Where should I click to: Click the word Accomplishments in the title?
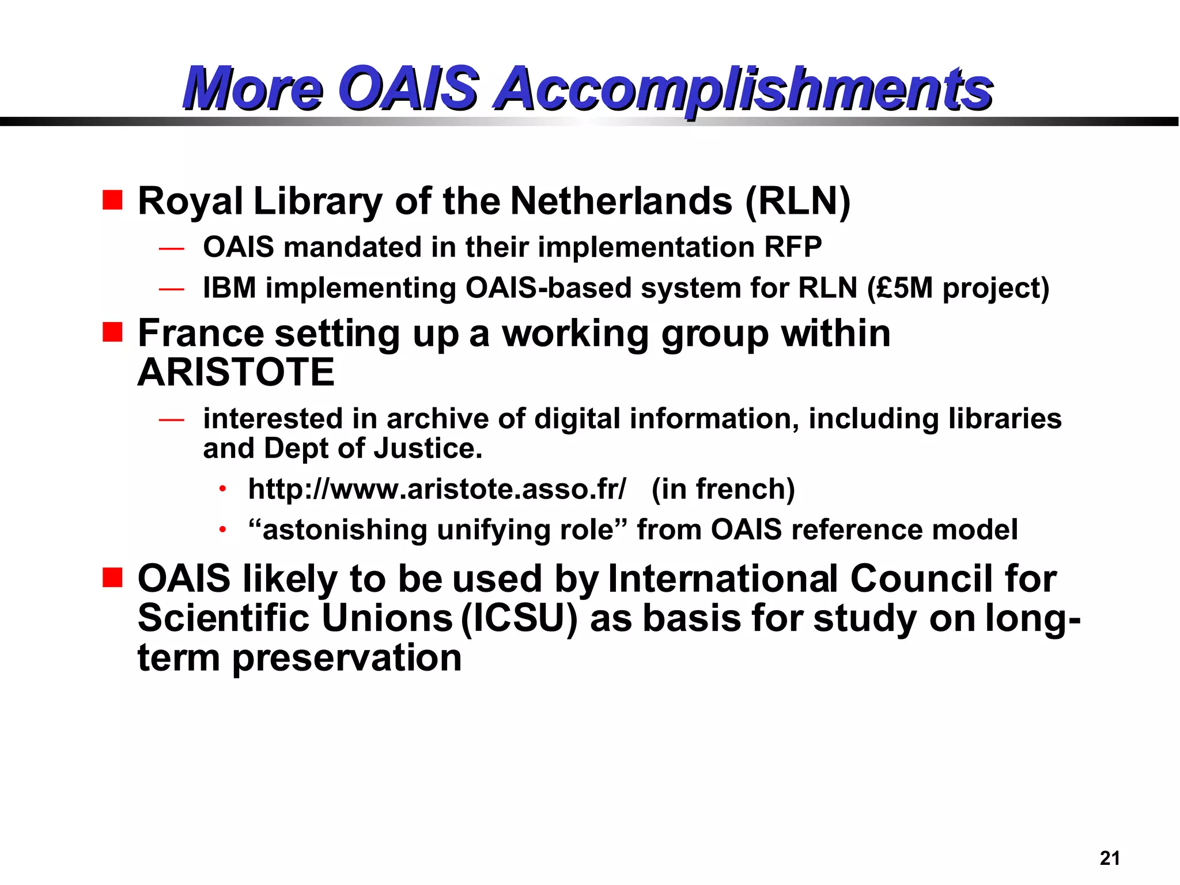pyautogui.click(x=743, y=89)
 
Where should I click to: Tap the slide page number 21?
pyautogui.click(x=1109, y=858)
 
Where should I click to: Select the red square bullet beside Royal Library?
pyautogui.click(x=112, y=200)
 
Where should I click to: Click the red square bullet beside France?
pyautogui.click(x=112, y=332)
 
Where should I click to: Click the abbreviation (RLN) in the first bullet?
pyautogui.click(x=797, y=202)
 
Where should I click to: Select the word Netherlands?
pyautogui.click(x=621, y=201)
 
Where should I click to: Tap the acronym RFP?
pyautogui.click(x=793, y=247)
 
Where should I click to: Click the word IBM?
pyautogui.click(x=229, y=288)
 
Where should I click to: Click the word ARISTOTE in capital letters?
pyautogui.click(x=236, y=372)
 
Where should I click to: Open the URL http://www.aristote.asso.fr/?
pyautogui.click(x=437, y=489)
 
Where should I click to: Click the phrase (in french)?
pyautogui.click(x=723, y=489)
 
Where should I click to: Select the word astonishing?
pyautogui.click(x=344, y=530)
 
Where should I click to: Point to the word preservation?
pyautogui.click(x=347, y=657)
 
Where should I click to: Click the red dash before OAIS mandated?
pyautogui.click(x=171, y=249)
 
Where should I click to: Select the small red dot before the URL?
pyautogui.click(x=222, y=490)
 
